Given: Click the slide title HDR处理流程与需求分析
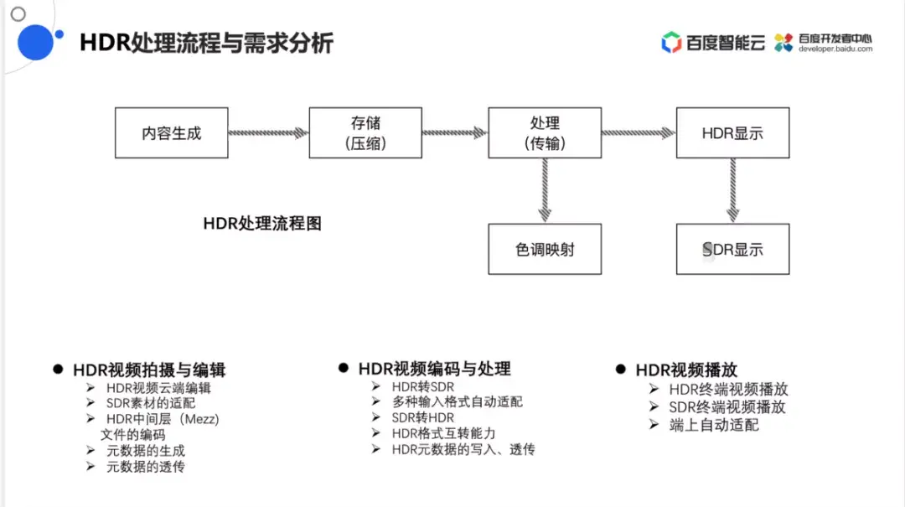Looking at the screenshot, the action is tap(206, 43).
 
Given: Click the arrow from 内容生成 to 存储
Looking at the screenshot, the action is tap(268, 132).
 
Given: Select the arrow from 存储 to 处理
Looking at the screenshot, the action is tap(455, 132).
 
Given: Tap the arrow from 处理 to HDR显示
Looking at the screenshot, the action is tap(639, 132).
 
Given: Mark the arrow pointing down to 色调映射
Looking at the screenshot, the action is tap(545, 190).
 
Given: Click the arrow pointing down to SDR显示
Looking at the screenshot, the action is tap(733, 190).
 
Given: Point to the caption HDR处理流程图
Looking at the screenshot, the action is tap(262, 224).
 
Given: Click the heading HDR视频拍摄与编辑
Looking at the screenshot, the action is tap(149, 370).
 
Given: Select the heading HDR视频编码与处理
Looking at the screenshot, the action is tap(434, 369).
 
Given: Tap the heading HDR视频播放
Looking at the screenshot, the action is tap(686, 370).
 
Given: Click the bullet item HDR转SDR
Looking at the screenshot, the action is tap(423, 386).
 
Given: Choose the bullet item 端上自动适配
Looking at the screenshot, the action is tap(714, 425).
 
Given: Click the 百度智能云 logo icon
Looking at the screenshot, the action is tap(671, 42).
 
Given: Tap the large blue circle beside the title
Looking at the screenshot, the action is tap(35, 42).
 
